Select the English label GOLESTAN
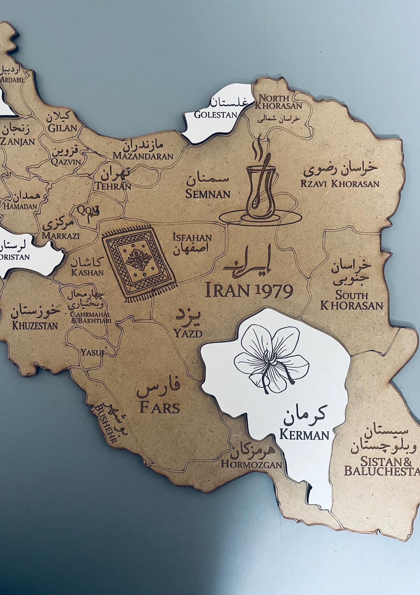pos(216,115)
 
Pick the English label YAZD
pos(188,333)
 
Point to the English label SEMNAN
pos(208,194)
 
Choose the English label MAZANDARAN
pos(143,156)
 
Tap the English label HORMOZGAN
pos(251,464)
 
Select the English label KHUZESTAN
pos(35,325)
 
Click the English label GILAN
pos(62,128)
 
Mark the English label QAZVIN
pos(66,162)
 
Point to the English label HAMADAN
pos(21,206)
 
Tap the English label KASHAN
pos(87,273)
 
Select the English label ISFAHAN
pos(192,238)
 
